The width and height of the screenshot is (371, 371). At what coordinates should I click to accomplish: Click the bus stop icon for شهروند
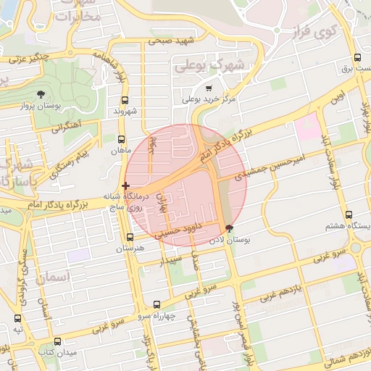[x=125, y=101]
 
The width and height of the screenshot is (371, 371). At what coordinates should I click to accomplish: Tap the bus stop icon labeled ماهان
[x=120, y=140]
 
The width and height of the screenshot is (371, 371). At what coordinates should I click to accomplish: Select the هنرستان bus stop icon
[x=130, y=237]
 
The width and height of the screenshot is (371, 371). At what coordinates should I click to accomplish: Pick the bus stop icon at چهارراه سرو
[x=157, y=305]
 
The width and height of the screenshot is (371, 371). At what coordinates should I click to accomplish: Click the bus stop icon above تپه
[x=17, y=318]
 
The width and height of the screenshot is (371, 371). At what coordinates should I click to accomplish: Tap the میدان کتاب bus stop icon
[x=58, y=341]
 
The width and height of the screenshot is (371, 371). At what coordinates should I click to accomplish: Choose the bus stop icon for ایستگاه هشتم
[x=349, y=215]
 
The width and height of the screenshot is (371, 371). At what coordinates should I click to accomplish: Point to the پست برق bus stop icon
[x=357, y=58]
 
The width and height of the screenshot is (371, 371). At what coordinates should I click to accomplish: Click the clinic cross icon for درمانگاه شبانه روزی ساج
[x=126, y=186]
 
